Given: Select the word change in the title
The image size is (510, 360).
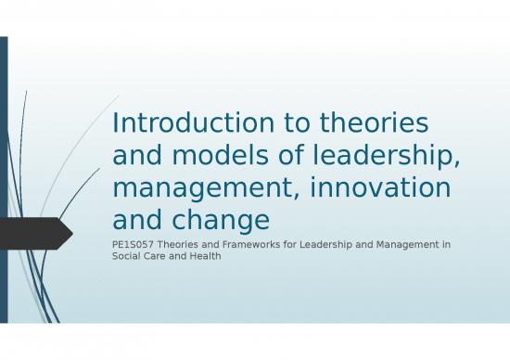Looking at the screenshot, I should coord(215,221).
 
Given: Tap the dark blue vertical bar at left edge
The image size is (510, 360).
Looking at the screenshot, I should coord(4,186).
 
